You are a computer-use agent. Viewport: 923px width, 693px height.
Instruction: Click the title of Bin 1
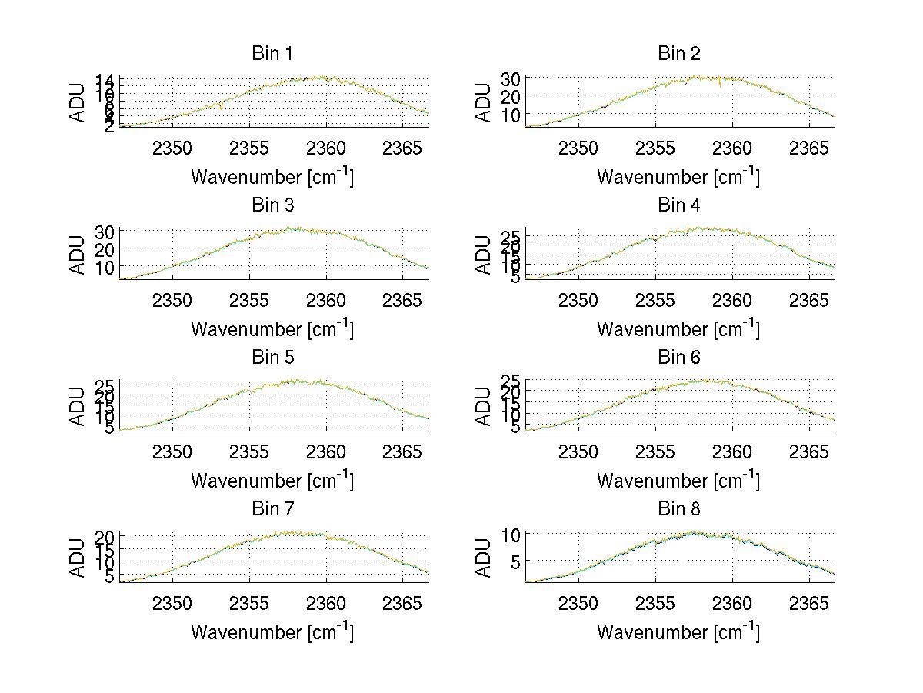click(x=272, y=54)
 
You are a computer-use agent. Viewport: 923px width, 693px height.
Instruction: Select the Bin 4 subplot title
click(x=678, y=205)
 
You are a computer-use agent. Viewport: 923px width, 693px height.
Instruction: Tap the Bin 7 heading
click(x=272, y=509)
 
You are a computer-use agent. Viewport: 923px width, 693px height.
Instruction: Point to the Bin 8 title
click(x=678, y=509)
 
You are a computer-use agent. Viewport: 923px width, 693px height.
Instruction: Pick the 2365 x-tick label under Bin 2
click(x=808, y=148)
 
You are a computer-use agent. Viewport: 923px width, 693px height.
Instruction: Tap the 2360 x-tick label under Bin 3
click(x=325, y=299)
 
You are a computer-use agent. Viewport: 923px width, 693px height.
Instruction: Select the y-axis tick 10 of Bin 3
click(x=105, y=267)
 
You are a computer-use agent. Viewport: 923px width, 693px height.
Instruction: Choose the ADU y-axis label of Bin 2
click(x=484, y=102)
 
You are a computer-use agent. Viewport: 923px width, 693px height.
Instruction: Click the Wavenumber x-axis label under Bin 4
click(x=678, y=329)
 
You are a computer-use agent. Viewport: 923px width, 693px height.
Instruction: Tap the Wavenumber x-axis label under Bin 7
click(x=272, y=632)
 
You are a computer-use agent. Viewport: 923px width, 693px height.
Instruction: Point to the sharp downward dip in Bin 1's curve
click(x=221, y=107)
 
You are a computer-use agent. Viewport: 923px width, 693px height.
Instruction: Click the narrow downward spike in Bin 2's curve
click(x=720, y=85)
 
